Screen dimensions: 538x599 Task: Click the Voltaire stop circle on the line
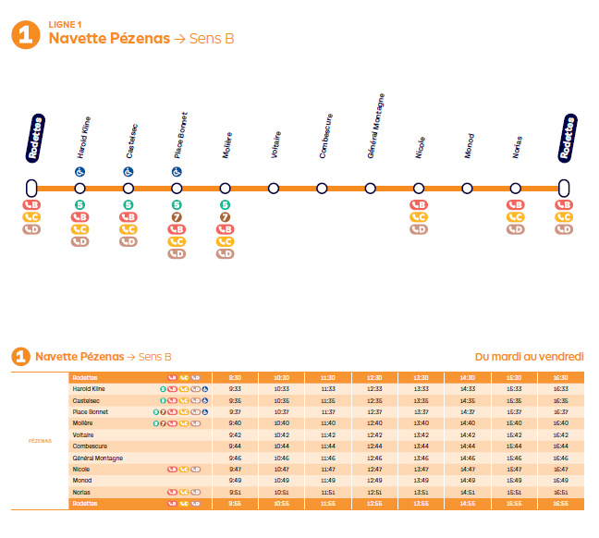[274, 189]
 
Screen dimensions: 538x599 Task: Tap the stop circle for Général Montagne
[371, 189]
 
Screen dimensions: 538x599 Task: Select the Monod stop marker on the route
[467, 189]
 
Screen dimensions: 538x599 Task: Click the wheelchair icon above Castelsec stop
[128, 172]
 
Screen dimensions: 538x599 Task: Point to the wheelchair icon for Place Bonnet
[177, 172]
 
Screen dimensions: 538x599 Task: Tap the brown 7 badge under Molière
[225, 216]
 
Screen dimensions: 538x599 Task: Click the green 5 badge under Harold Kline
[80, 204]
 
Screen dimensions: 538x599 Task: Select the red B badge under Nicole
[419, 204]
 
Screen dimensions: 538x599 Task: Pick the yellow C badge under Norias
[515, 217]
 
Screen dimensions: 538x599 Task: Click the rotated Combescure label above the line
[324, 136]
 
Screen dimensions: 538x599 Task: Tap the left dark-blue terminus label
[33, 138]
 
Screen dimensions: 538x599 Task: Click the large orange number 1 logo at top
[24, 34]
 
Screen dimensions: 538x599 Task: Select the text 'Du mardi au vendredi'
[529, 357]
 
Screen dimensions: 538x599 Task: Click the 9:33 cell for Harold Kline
[235, 389]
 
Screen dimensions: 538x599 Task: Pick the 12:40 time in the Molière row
[374, 423]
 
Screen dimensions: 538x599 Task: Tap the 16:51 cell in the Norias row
[561, 492]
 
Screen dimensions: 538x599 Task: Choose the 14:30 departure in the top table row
[468, 377]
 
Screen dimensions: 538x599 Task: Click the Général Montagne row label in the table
[99, 458]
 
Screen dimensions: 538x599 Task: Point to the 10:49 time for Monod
[281, 481]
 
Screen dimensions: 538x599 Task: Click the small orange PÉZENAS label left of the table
[39, 441]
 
